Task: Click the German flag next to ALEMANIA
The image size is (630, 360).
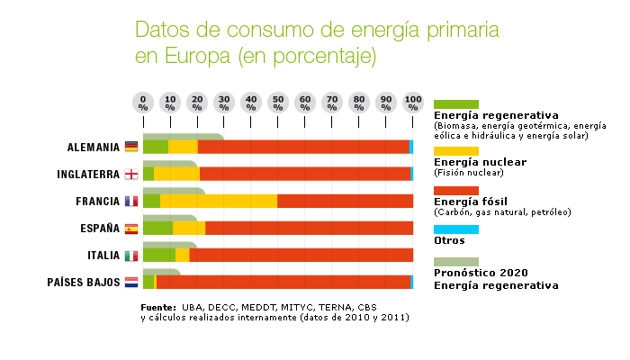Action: click(131, 147)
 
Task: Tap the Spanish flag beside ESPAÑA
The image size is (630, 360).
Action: click(131, 229)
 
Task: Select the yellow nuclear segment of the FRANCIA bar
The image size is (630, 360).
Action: click(219, 201)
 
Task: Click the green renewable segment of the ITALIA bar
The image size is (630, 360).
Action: click(159, 255)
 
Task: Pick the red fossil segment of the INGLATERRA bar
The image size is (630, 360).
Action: click(304, 174)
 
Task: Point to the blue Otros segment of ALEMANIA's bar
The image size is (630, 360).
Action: click(411, 147)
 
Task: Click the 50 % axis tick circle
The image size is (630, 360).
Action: click(278, 102)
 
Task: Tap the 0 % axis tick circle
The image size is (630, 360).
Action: click(143, 102)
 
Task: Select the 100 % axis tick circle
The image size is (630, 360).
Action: click(413, 102)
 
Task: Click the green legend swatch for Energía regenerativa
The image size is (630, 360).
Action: click(456, 104)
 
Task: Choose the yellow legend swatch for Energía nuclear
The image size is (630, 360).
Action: click(456, 151)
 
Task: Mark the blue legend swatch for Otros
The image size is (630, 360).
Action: click(456, 229)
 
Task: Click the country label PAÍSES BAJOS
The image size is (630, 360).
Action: click(84, 283)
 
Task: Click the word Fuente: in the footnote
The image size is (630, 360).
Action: click(158, 308)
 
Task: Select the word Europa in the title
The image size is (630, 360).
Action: click(195, 56)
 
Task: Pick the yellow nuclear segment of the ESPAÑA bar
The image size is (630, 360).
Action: click(189, 228)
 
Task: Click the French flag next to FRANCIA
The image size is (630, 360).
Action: click(131, 202)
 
